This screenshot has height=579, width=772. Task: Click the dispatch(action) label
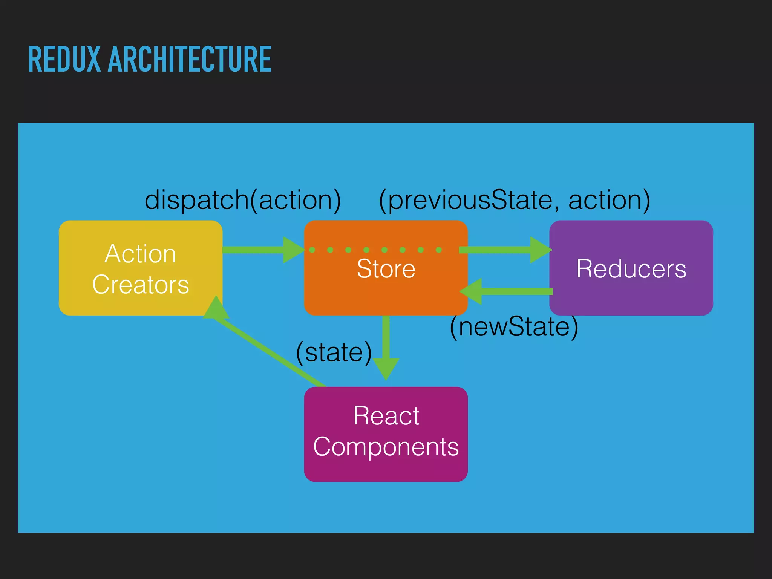(243, 200)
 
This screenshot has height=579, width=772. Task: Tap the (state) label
(334, 352)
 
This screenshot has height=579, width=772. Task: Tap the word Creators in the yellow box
(140, 285)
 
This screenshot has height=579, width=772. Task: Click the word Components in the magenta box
(386, 447)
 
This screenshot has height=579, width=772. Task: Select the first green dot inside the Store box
(312, 250)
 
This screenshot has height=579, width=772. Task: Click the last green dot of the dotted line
(439, 250)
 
